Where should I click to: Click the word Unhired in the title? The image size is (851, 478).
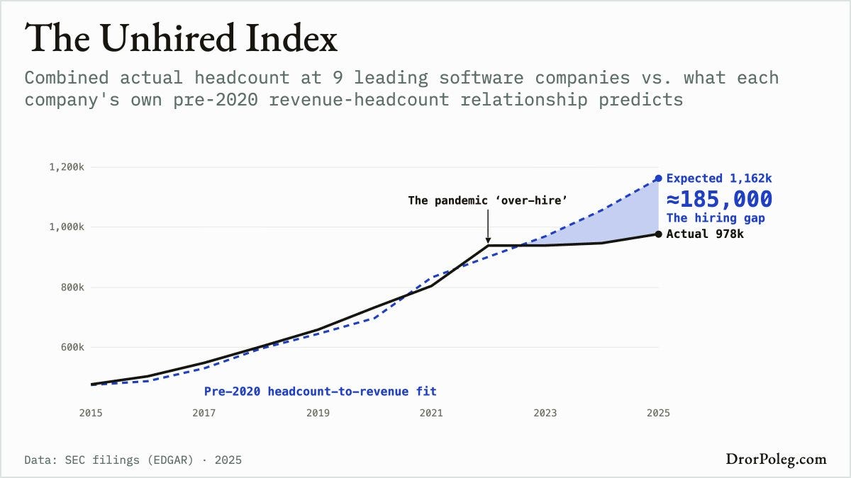168,38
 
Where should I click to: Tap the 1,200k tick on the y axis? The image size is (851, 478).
67,167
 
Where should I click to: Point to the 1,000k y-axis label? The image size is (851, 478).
67,227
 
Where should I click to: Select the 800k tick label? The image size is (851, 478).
72,288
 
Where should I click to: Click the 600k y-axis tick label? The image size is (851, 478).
72,347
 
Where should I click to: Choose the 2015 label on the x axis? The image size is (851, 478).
91,413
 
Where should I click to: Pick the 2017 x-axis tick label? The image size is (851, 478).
204,413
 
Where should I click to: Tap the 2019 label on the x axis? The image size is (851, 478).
318,413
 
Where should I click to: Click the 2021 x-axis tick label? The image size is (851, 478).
431,413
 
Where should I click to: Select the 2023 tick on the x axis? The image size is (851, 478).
545,413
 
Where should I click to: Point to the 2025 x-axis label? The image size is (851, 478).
658,413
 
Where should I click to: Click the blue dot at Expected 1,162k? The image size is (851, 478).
658,178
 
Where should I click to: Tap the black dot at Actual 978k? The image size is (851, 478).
658,234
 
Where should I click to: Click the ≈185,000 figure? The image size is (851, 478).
719,199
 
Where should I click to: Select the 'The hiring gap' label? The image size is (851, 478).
716,218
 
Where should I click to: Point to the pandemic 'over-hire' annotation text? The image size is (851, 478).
488,200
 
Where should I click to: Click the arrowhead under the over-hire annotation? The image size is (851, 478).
488,241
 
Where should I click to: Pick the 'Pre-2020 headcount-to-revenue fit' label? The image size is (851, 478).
321,391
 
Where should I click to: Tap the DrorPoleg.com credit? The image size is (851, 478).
776,460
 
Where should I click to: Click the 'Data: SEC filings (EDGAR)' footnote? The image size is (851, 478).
109,460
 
